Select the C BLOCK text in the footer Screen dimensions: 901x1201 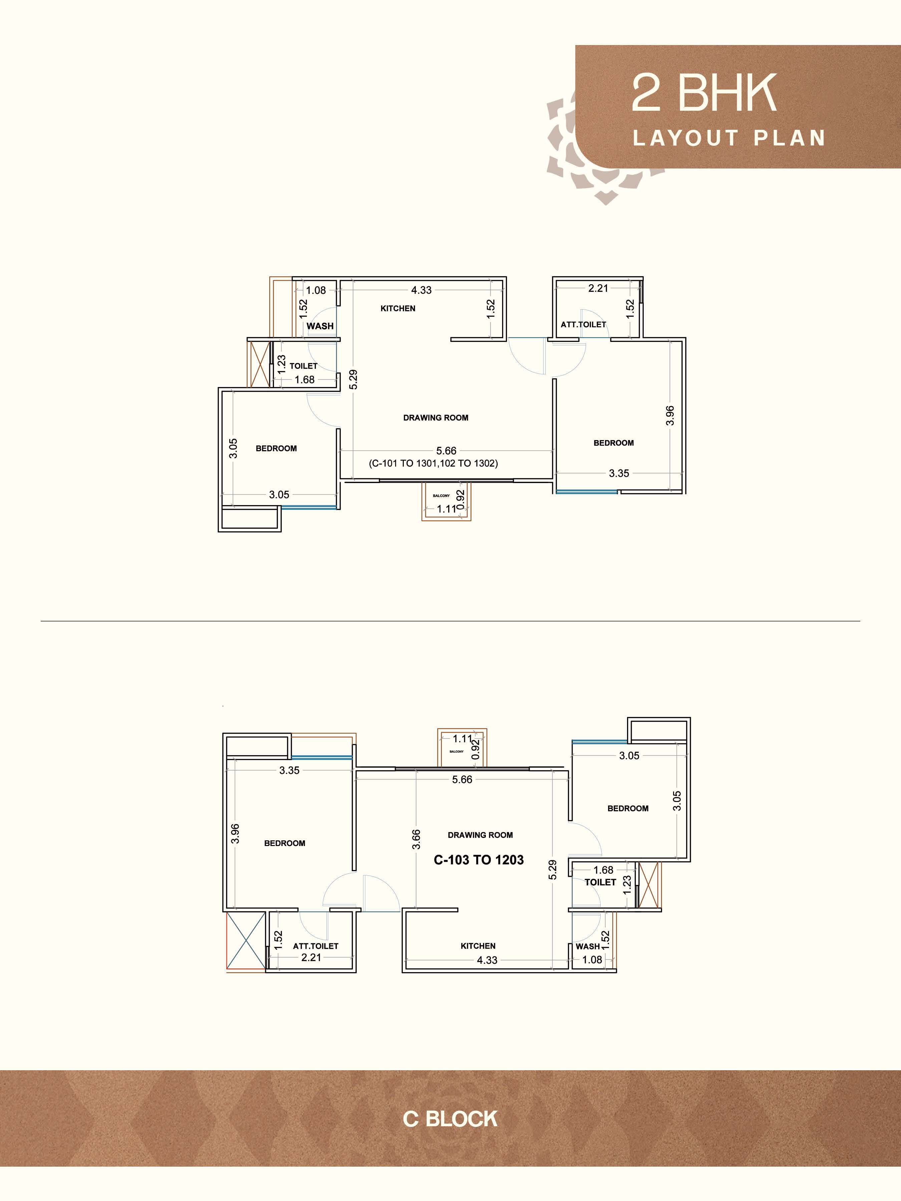[450, 1119]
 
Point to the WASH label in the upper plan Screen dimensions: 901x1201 [320, 326]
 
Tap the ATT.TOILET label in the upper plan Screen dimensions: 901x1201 [583, 324]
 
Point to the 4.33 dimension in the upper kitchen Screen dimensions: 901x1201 [421, 290]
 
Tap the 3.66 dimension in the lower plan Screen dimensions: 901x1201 [416, 839]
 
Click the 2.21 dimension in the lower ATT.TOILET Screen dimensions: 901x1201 [311, 957]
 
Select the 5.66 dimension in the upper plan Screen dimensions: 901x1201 [446, 451]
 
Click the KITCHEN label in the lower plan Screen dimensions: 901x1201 [478, 946]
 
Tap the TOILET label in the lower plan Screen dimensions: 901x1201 [600, 882]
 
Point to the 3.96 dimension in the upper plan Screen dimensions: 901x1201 [670, 415]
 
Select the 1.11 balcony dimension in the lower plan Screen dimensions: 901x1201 [463, 738]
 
